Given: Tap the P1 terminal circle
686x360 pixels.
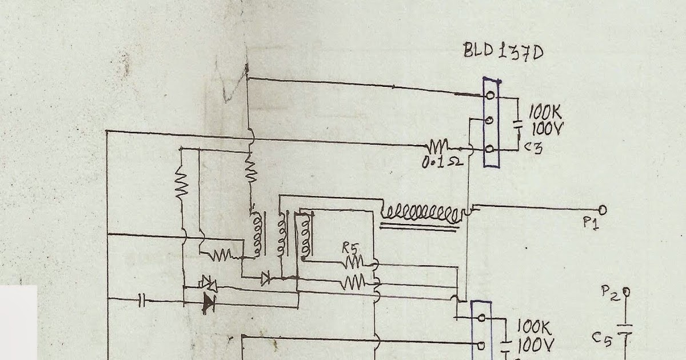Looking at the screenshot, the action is coord(603,209).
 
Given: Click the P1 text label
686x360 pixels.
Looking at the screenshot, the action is coord(591,223).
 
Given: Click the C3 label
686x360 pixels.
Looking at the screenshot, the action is coord(534,149).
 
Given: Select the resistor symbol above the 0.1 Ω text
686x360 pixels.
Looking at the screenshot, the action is coord(438,146).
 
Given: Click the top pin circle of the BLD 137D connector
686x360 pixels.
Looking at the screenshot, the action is coord(490,95).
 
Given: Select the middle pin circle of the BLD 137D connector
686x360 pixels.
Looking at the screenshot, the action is coord(489,121).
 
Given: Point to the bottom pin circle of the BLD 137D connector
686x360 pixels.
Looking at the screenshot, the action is coord(490,149).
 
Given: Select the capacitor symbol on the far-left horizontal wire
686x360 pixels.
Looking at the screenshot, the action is coord(143,298).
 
